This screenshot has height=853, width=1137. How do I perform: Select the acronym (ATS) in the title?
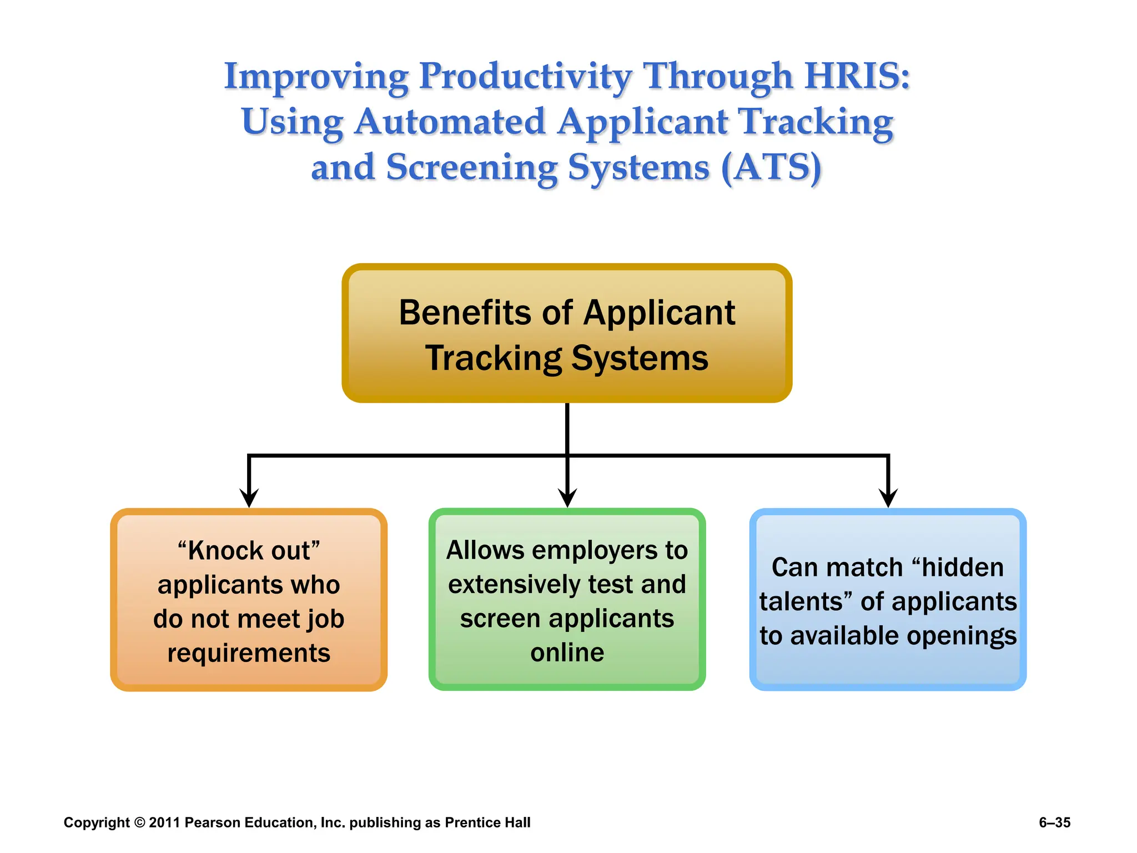[x=771, y=167]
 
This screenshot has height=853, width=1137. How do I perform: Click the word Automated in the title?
[x=450, y=122]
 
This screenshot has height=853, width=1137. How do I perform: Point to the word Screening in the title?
[x=472, y=167]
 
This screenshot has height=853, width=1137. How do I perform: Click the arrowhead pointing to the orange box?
[x=249, y=497]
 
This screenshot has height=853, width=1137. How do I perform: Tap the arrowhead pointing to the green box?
[x=567, y=497]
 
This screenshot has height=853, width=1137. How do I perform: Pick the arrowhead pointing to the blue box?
[x=888, y=497]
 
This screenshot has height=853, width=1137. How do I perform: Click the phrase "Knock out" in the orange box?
[x=249, y=551]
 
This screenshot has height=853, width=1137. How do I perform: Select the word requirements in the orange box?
[x=249, y=653]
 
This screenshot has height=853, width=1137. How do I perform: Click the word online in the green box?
[x=567, y=653]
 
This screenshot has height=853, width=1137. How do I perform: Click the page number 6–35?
[x=1054, y=822]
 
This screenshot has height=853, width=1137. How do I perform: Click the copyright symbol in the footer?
[x=139, y=822]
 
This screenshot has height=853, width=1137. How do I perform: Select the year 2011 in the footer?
[x=164, y=822]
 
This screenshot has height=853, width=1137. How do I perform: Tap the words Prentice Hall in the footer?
[x=487, y=822]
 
